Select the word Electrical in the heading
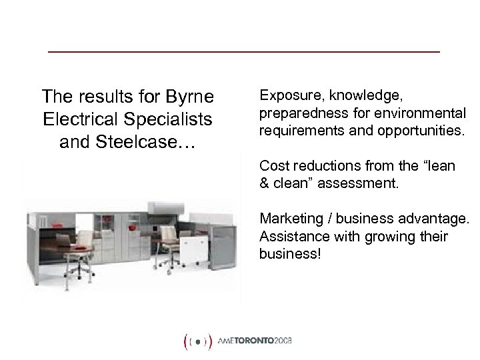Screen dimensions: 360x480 (x=76, y=119)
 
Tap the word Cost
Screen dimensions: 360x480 (x=273, y=166)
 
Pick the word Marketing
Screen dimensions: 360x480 (x=289, y=218)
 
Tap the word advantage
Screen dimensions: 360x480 (x=435, y=218)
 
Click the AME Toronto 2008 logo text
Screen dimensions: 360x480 (x=255, y=340)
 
